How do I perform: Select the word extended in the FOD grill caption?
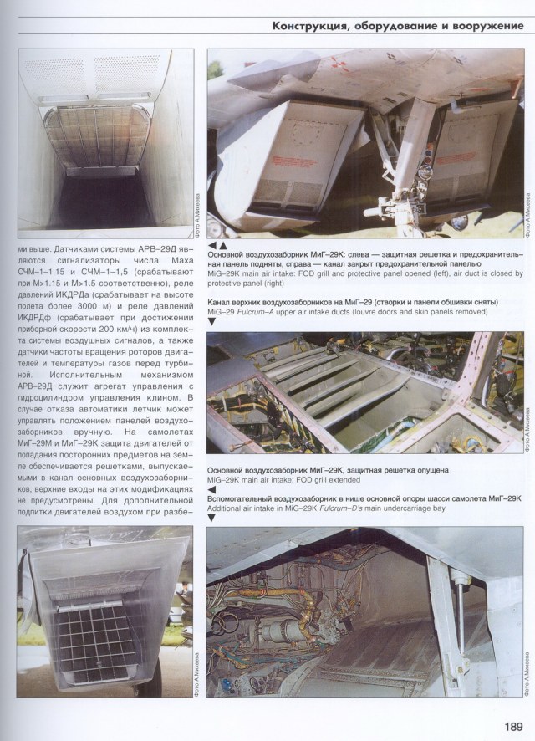pos(342,480)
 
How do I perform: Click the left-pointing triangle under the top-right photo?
pos(212,245)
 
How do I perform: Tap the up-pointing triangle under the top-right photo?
pos(223,245)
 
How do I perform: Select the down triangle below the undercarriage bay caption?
pos(211,518)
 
